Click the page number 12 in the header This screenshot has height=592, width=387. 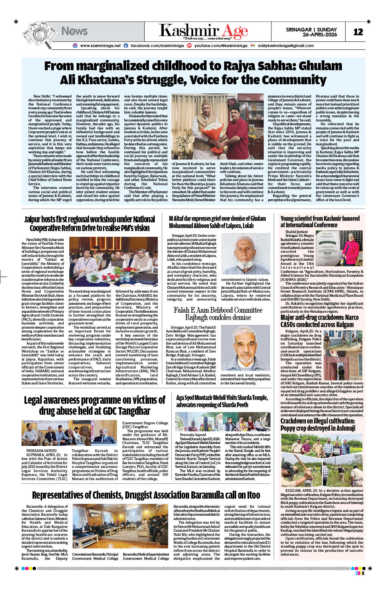coord(358,32)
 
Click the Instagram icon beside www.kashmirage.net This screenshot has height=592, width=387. coord(75,46)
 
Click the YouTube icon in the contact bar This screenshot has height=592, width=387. coord(189,46)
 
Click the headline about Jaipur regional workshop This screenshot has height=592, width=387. coord(89,224)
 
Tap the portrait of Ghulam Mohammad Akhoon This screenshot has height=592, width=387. coord(245,254)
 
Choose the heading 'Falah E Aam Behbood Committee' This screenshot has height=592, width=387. coord(218,310)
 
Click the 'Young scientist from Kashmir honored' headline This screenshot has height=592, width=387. coord(320,222)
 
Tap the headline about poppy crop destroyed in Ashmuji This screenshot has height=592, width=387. coord(318,425)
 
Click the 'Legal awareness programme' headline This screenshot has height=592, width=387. coord(94,405)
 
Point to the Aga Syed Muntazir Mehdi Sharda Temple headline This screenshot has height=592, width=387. coord(222,401)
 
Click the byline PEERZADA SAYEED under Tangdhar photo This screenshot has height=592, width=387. coord(41,450)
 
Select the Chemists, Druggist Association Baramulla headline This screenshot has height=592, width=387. coord(146,495)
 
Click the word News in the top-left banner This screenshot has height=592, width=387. coord(74,31)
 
